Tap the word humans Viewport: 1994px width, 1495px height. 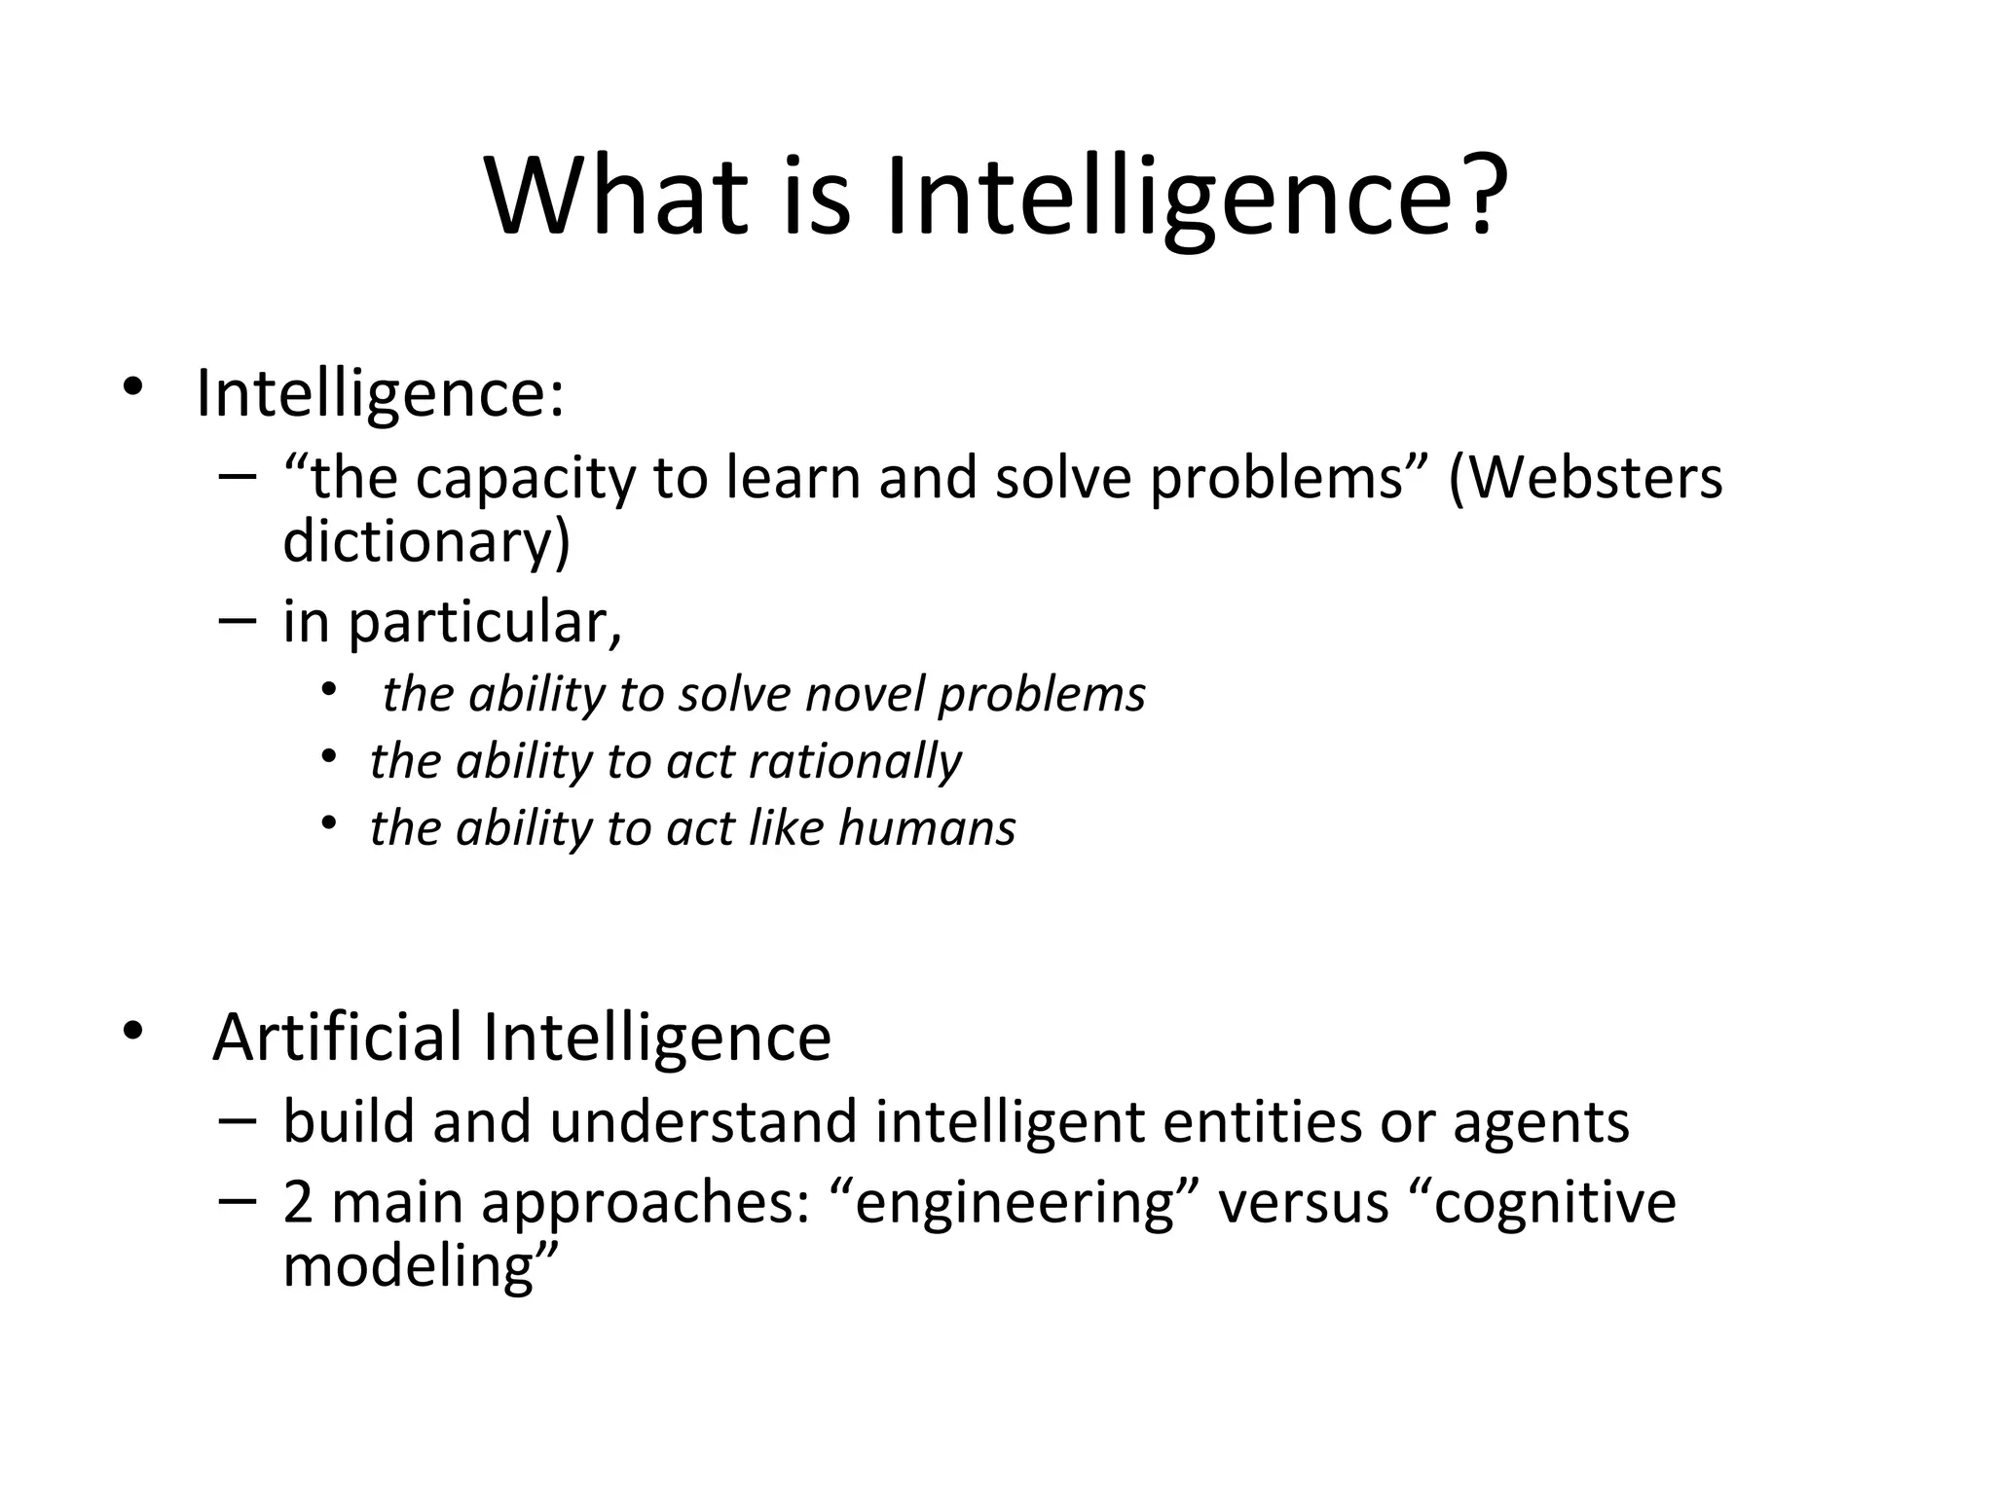(926, 828)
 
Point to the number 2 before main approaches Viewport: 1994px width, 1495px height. (298, 1202)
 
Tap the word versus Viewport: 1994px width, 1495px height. (1304, 1203)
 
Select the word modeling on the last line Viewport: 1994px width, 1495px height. (409, 1266)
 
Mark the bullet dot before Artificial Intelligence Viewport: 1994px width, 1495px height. (132, 1030)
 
